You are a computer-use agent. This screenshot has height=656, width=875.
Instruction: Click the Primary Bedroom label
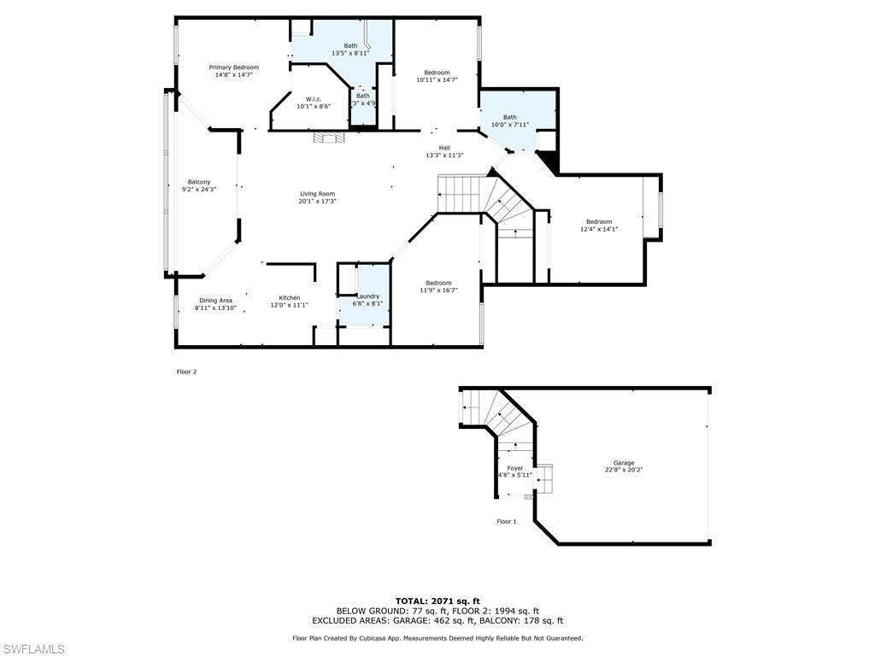[x=234, y=67]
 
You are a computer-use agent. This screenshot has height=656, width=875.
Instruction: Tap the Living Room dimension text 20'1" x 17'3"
[x=318, y=202]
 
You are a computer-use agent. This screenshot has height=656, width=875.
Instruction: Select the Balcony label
[x=199, y=182]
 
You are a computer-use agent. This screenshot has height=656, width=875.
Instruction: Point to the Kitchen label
[x=290, y=298]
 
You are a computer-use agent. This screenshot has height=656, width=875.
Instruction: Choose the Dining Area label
[x=216, y=301]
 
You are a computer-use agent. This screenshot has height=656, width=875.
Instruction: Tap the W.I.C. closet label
[x=314, y=99]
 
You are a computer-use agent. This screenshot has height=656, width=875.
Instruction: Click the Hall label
[x=444, y=148]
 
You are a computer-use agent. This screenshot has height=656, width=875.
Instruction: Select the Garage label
[x=624, y=463]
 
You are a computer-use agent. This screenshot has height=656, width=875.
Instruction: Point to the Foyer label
[x=515, y=468]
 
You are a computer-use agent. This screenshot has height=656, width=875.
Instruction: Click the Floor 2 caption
[x=186, y=372]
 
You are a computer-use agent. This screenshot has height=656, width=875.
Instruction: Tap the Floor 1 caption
[x=507, y=521]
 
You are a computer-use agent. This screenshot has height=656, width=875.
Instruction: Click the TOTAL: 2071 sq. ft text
[x=437, y=601]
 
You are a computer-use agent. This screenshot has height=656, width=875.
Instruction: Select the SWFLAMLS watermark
[x=33, y=649]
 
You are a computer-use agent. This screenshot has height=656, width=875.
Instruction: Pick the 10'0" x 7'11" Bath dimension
[x=510, y=125]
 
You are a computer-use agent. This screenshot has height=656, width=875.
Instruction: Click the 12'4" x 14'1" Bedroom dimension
[x=599, y=229]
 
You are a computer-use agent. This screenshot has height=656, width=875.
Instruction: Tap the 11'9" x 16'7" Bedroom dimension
[x=438, y=290]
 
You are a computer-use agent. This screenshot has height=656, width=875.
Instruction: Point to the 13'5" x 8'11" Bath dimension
[x=350, y=53]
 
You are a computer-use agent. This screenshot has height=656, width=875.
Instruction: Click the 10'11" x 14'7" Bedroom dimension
[x=437, y=80]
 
